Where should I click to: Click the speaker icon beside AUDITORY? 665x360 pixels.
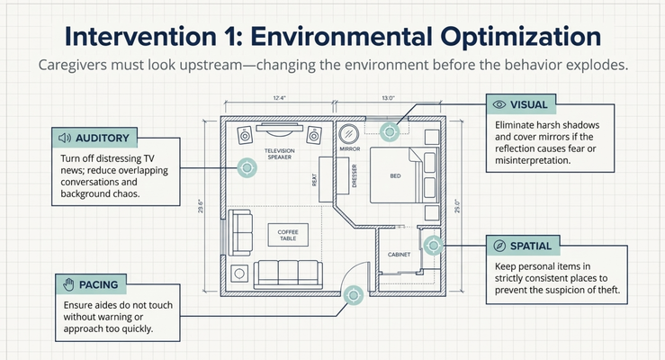[x=65, y=138]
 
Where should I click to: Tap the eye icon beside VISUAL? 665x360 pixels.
[x=499, y=104]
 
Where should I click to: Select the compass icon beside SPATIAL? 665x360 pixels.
[x=499, y=246]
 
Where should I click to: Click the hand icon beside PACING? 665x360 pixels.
[x=68, y=284]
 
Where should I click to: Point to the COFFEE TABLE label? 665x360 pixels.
[x=288, y=235]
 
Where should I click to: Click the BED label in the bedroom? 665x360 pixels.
[x=395, y=175]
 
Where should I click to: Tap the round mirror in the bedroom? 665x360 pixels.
[x=349, y=133]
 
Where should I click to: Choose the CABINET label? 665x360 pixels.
[x=399, y=255]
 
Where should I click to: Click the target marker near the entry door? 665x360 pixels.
[x=354, y=294]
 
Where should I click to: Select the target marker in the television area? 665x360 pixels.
[x=247, y=168]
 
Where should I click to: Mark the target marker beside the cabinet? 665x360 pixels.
[x=434, y=245]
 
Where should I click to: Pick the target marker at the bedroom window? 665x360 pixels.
[x=390, y=131]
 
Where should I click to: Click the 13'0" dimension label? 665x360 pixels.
[x=388, y=98]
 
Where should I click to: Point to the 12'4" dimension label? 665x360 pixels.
[x=280, y=98]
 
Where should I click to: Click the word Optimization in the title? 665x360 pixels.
[x=521, y=37]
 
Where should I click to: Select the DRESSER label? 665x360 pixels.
[x=355, y=175]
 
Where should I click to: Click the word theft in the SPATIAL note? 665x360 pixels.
[x=608, y=290]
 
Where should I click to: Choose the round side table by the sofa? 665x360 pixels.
[x=239, y=274]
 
